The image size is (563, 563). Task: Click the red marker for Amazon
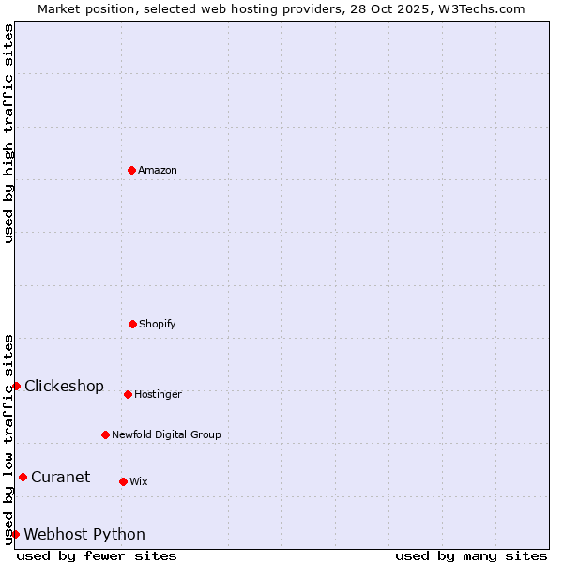pyautogui.click(x=131, y=170)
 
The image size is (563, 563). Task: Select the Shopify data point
pyautogui.click(x=132, y=324)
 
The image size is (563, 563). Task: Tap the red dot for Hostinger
pyautogui.click(x=128, y=394)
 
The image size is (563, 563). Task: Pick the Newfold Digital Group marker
pyautogui.click(x=105, y=434)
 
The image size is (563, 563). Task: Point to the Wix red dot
pyautogui.click(x=123, y=481)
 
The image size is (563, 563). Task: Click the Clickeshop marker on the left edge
pyautogui.click(x=16, y=386)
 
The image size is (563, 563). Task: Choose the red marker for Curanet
pyautogui.click(x=23, y=477)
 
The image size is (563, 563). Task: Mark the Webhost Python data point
pyautogui.click(x=15, y=534)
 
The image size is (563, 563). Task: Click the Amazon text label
pyautogui.click(x=158, y=170)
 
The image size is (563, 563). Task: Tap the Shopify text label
pyautogui.click(x=158, y=324)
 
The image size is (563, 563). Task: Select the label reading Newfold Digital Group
pyautogui.click(x=166, y=434)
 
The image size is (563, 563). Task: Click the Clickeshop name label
pyautogui.click(x=64, y=386)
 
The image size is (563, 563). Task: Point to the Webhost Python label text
pyautogui.click(x=84, y=534)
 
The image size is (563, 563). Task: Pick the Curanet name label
pyautogui.click(x=60, y=477)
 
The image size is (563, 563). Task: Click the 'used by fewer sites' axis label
pyautogui.click(x=97, y=555)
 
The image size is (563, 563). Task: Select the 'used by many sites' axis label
pyautogui.click(x=471, y=555)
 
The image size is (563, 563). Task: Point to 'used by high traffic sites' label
pyautogui.click(x=8, y=133)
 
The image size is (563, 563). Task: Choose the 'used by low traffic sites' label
pyautogui.click(x=8, y=438)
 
